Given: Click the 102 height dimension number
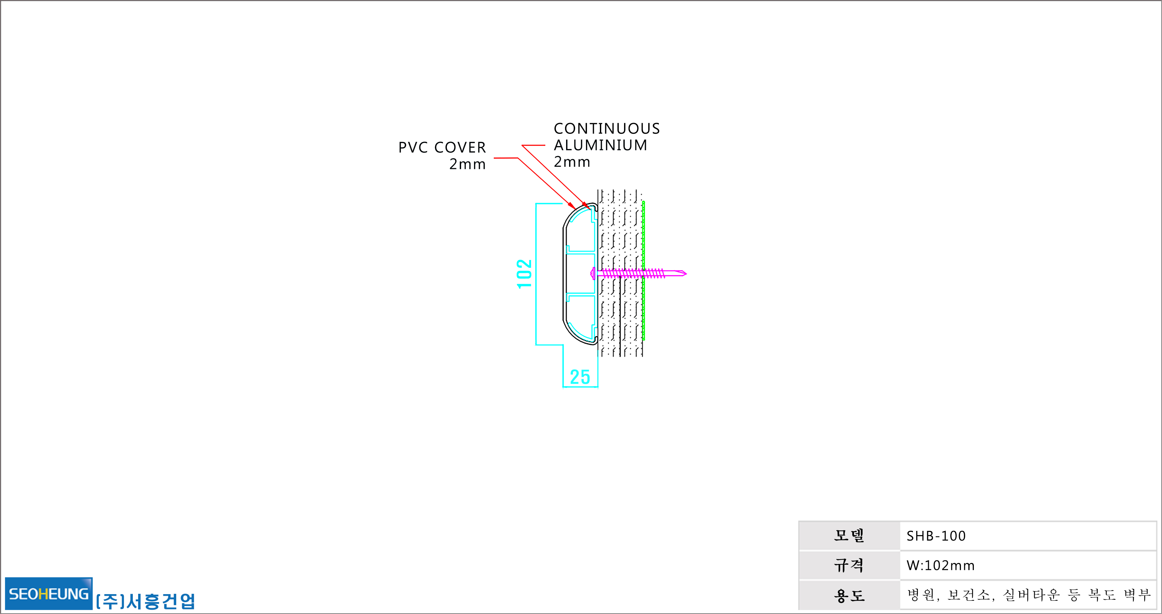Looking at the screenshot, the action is pos(524,274).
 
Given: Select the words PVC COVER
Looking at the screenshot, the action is pos(442,147).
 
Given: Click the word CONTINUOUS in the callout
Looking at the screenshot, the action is pos(607,128).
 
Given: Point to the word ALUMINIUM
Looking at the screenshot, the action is pos(601,145).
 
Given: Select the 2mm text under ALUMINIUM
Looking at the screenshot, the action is pos(572,162).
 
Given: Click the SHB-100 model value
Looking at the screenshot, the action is pos(936,536).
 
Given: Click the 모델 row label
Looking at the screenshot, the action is pos(849,536).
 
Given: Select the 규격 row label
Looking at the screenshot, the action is pos(849,565).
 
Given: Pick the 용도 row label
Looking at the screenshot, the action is pos(849,595).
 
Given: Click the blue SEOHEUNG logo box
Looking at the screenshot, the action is pos(49,593).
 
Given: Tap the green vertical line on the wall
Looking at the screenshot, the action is pos(643,270).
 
